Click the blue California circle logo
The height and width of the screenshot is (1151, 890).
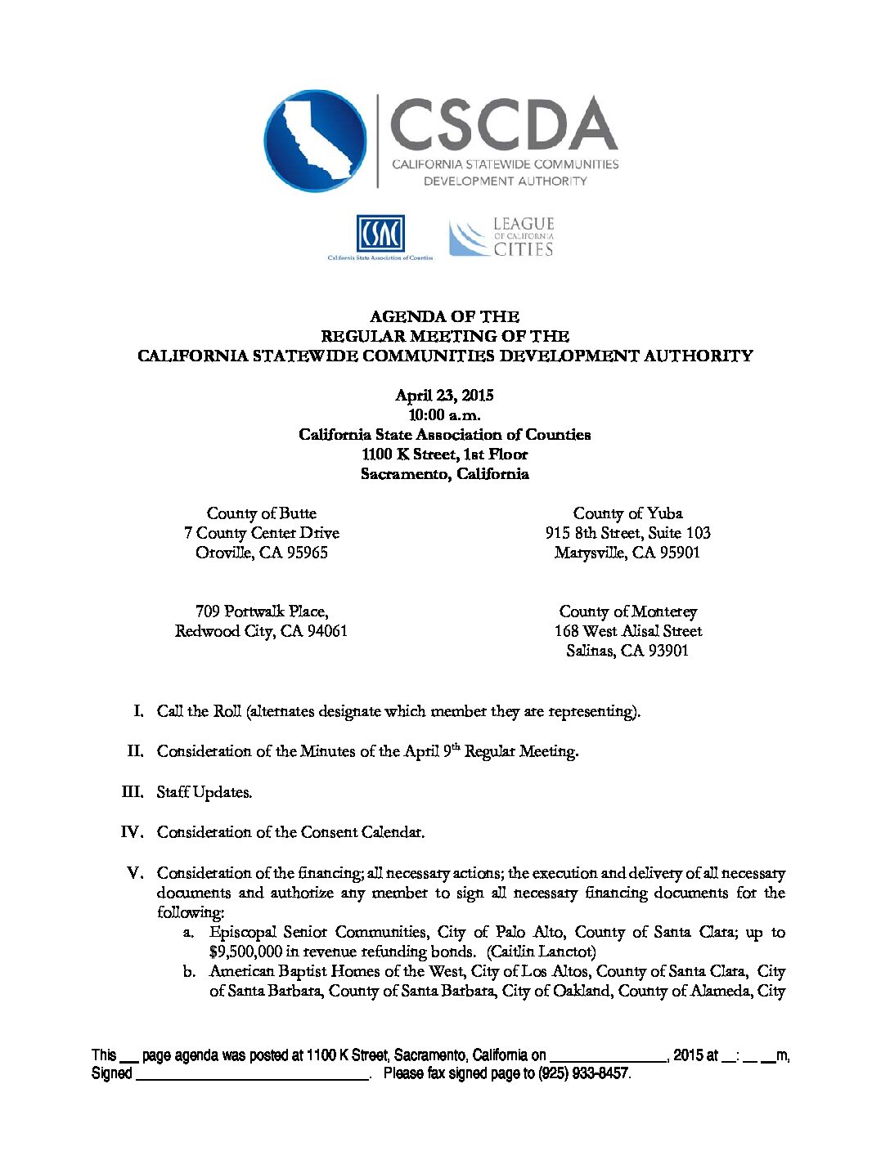pyautogui.click(x=316, y=141)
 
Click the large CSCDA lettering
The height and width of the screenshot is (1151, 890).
pyautogui.click(x=503, y=123)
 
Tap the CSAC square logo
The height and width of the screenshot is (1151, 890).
pyautogui.click(x=380, y=234)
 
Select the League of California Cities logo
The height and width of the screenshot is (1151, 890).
pyautogui.click(x=501, y=237)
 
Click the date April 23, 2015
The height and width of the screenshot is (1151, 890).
pyautogui.click(x=444, y=396)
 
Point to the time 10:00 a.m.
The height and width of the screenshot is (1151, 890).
pyautogui.click(x=444, y=415)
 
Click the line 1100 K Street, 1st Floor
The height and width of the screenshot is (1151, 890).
pyautogui.click(x=444, y=455)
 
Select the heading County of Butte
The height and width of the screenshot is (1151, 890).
pyautogui.click(x=261, y=513)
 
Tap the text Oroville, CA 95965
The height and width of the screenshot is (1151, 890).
pyautogui.click(x=261, y=553)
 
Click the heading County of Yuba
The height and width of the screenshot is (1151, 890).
pyautogui.click(x=627, y=513)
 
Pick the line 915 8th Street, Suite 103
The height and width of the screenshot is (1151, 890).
pyautogui.click(x=627, y=533)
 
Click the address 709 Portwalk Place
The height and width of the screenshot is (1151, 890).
pyautogui.click(x=261, y=611)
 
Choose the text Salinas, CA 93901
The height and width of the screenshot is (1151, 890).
pyautogui.click(x=627, y=651)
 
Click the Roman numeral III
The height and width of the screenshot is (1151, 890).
pyautogui.click(x=132, y=791)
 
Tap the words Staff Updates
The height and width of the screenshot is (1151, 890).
pyautogui.click(x=205, y=792)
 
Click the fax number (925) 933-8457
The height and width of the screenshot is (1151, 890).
pyautogui.click(x=583, y=1073)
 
